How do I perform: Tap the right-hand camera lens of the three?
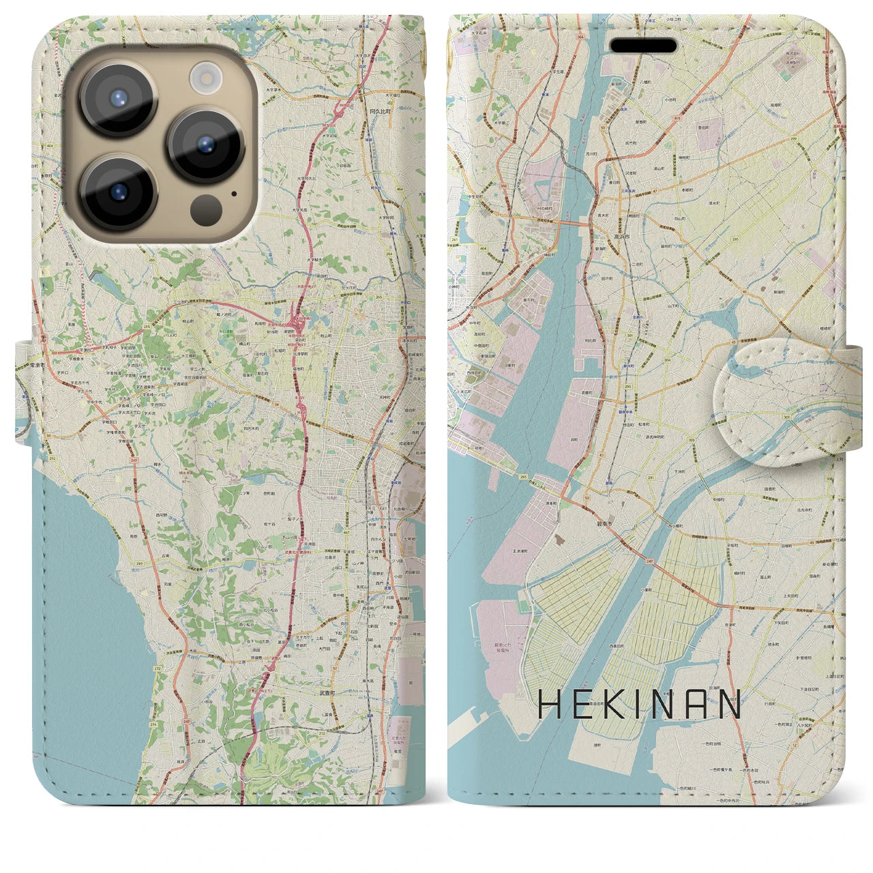(x=205, y=145)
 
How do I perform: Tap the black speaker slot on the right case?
(x=643, y=46)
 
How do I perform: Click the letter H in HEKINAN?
(x=549, y=705)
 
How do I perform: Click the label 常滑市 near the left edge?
(x=38, y=365)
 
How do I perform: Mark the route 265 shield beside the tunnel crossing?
(x=522, y=477)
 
